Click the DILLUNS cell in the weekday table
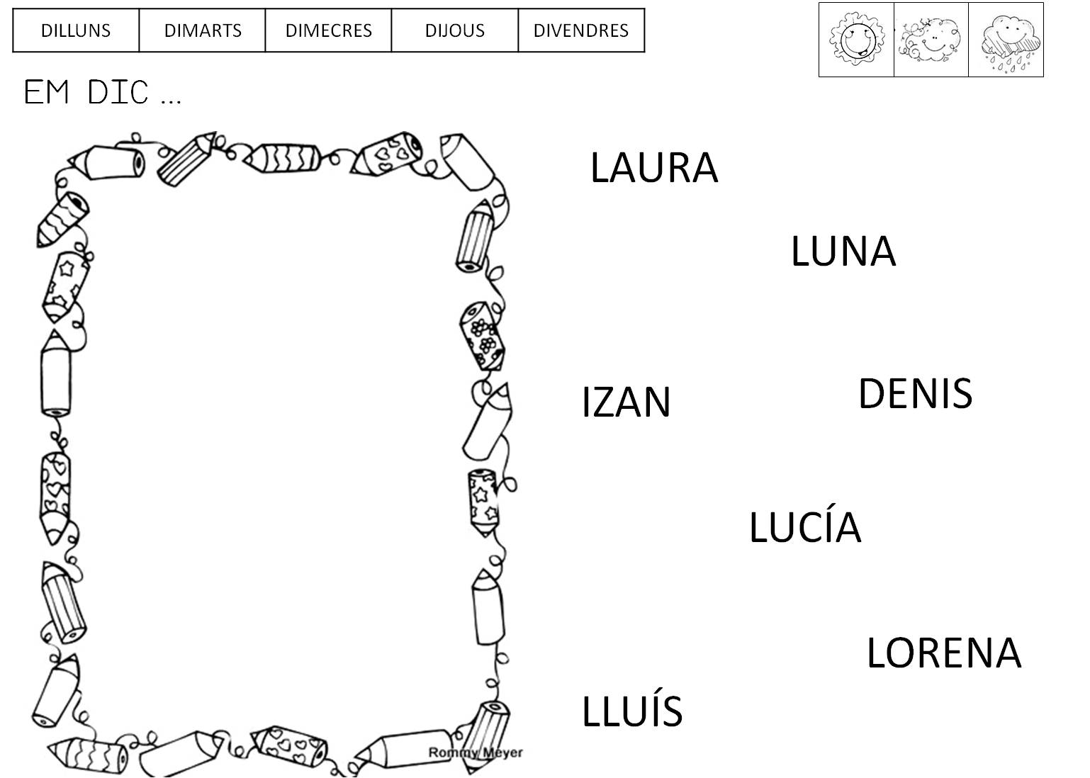tap(76, 30)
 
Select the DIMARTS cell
tap(203, 30)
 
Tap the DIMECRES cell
tap(328, 30)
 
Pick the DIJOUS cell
tap(455, 30)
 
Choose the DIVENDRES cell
tap(581, 30)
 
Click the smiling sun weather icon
tap(856, 40)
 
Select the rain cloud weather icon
tap(1006, 40)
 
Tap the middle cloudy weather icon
tap(931, 40)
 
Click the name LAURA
tap(653, 168)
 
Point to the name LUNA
tap(843, 252)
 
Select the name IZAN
tap(626, 402)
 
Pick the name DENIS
tap(915, 394)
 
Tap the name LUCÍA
tap(804, 526)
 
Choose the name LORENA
tap(943, 653)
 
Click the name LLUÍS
tap(631, 711)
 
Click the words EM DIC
tap(102, 93)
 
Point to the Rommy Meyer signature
tap(475, 752)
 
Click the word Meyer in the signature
tap(502, 752)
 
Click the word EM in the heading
tap(47, 93)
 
